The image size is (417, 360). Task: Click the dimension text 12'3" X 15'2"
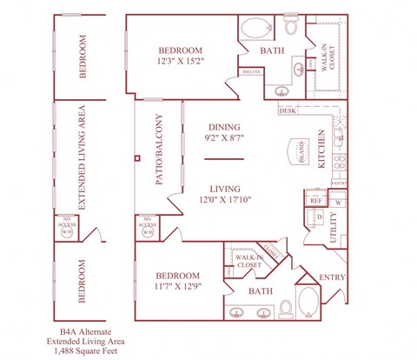pyautogui.click(x=181, y=63)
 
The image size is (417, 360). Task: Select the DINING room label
pyautogui.click(x=223, y=126)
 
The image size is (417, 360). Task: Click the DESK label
pyautogui.click(x=288, y=110)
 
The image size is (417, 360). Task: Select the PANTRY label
pyautogui.click(x=338, y=183)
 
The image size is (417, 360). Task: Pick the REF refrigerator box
pyautogui.click(x=315, y=200)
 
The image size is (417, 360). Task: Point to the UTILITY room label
pyautogui.click(x=334, y=228)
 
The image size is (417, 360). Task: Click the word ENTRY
pyautogui.click(x=331, y=277)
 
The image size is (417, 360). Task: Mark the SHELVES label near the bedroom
pyautogui.click(x=252, y=72)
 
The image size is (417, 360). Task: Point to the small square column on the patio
pyautogui.click(x=136, y=158)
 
